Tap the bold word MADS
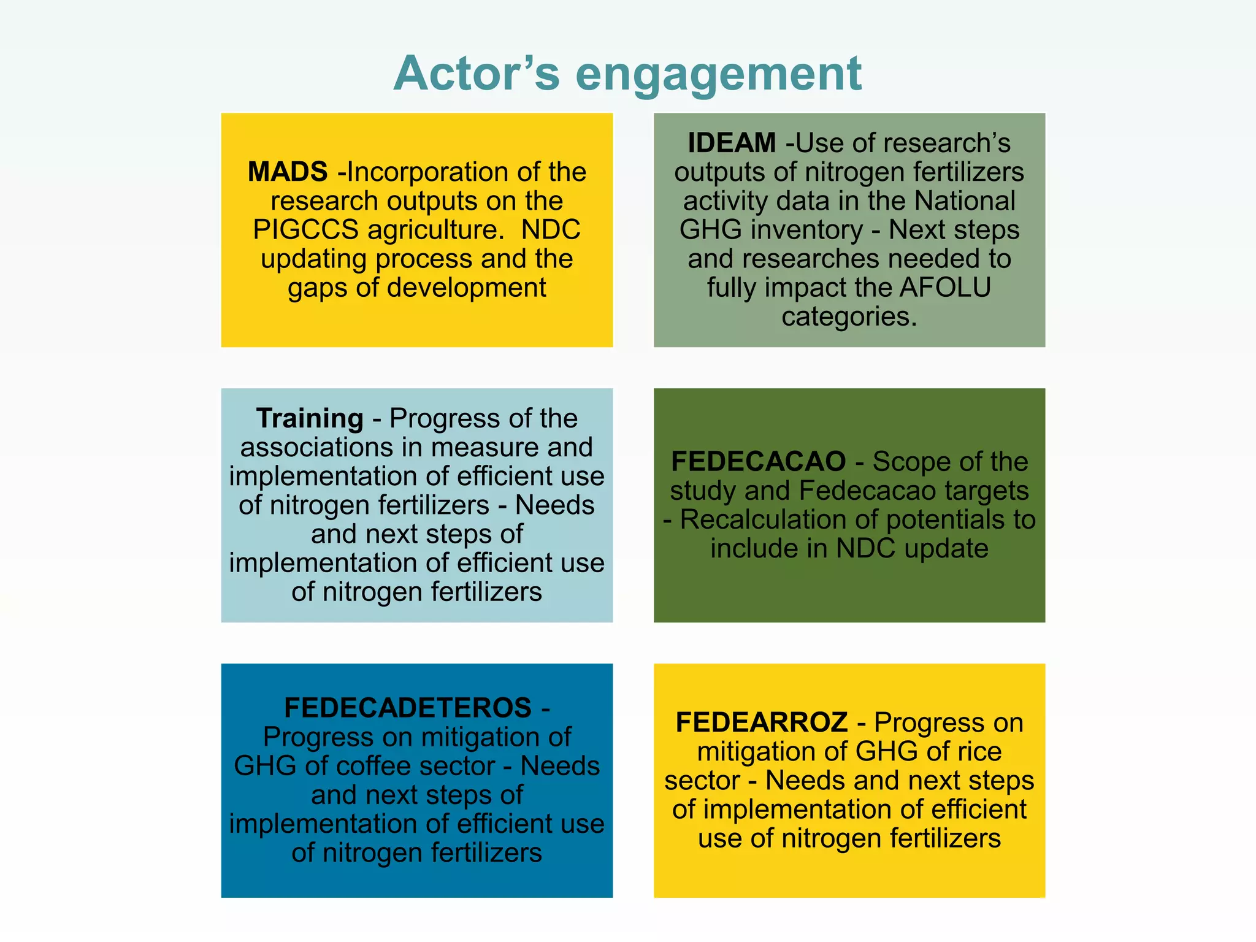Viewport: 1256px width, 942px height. coord(287,172)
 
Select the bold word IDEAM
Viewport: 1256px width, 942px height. coord(732,143)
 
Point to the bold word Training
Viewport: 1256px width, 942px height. coord(310,418)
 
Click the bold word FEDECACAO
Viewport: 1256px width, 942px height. coord(758,461)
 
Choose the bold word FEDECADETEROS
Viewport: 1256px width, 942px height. coord(408,708)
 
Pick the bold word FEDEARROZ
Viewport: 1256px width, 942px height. coord(762,722)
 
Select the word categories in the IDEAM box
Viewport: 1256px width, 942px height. coord(849,317)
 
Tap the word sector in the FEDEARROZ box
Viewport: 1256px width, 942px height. coord(702,781)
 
